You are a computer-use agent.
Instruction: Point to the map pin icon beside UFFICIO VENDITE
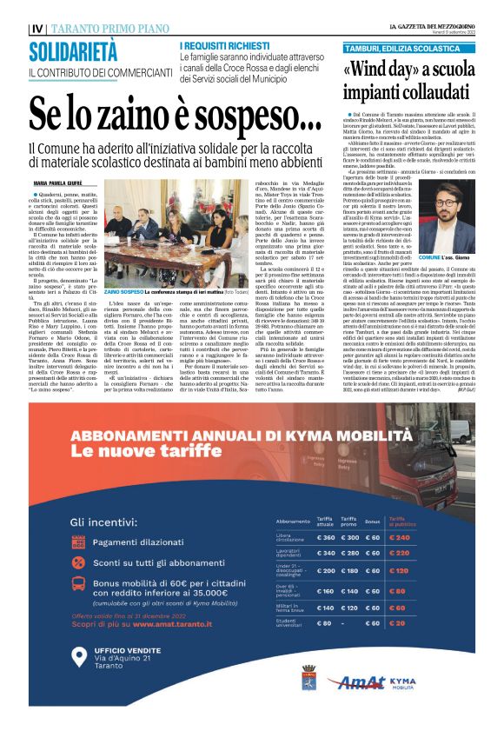tap(80, 657)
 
